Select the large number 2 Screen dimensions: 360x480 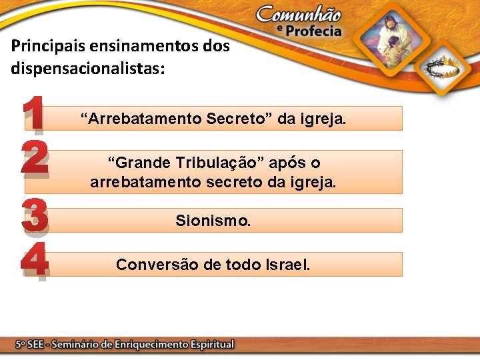click(x=34, y=157)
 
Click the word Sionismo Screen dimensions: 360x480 click(x=213, y=220)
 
